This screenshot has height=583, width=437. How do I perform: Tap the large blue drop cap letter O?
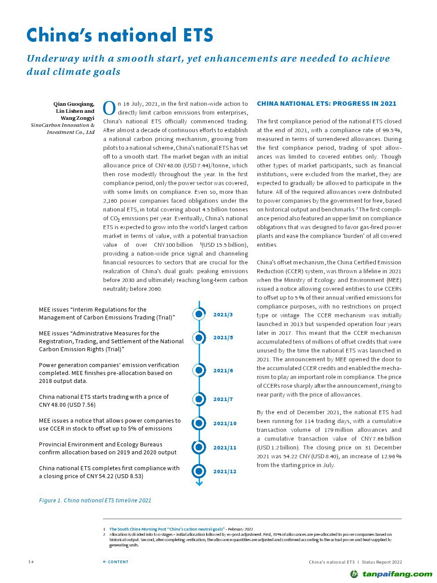point(109,108)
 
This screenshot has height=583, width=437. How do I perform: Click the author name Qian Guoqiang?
point(74,104)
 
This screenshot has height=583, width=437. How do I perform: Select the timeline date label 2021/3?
point(223,315)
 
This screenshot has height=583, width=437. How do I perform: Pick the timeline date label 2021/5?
point(223,338)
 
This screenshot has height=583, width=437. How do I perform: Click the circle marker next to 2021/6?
point(199,370)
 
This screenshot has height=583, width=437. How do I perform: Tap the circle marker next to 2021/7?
point(199,399)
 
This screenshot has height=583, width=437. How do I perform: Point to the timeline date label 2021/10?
point(225,423)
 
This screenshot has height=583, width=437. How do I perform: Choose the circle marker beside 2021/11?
point(199,447)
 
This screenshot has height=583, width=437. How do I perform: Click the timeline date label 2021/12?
point(225,472)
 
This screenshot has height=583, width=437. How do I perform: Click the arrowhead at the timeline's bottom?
point(199,483)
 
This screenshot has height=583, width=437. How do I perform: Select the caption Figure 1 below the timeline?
point(95,500)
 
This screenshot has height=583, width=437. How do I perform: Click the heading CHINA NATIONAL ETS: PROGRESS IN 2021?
point(326,104)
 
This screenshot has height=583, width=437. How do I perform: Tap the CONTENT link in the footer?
point(116,562)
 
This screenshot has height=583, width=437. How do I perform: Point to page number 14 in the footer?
point(31,562)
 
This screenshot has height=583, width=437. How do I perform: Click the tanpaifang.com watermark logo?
point(391,574)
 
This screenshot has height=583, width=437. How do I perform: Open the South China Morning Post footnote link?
point(167,529)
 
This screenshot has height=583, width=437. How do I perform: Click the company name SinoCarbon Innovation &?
point(63,125)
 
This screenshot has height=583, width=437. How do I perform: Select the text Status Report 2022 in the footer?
point(382,562)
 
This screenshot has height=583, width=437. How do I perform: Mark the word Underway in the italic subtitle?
point(52,59)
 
